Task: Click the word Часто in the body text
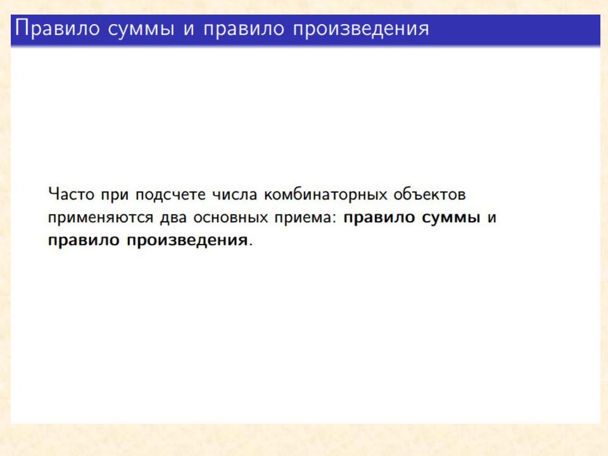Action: coord(72,194)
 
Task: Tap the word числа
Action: coord(234,194)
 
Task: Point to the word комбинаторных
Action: coord(326,194)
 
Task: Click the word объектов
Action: coord(429,194)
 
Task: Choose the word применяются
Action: coord(101,218)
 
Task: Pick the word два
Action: coord(174,217)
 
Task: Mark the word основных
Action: coord(231,217)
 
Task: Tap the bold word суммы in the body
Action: coord(451,218)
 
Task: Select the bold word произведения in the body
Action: coord(187,241)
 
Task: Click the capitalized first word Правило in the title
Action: coord(58,28)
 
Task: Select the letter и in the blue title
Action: coord(189,30)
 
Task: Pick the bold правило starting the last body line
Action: coord(84,241)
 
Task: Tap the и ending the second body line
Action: coord(491,217)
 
